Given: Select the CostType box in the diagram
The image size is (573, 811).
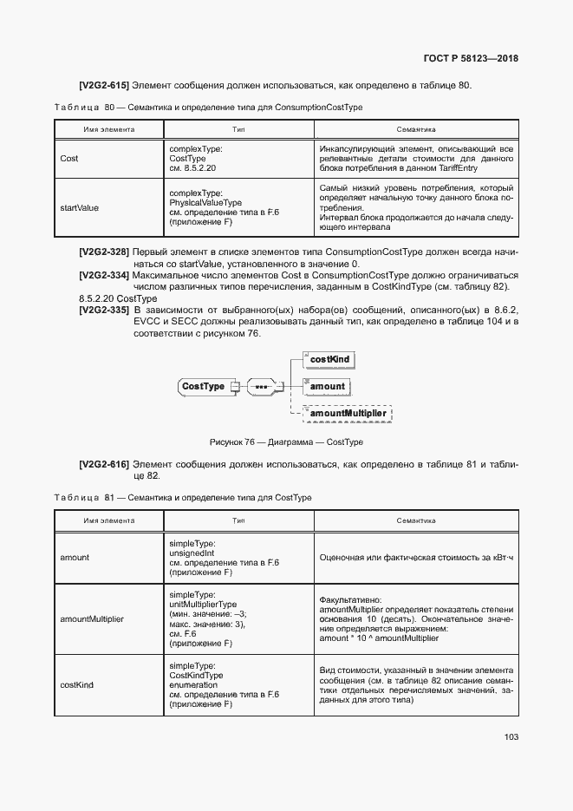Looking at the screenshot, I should click(x=204, y=387).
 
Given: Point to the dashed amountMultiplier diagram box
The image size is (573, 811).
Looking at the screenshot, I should click(x=348, y=414).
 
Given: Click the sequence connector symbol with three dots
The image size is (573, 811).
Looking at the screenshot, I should click(x=261, y=387).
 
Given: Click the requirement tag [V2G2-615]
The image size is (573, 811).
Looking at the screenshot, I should click(x=104, y=85).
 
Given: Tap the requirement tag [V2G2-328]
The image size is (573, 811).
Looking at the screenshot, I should click(x=104, y=252).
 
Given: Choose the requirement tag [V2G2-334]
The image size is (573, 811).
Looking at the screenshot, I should click(x=104, y=275).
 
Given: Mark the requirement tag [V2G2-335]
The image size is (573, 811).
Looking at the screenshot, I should click(x=104, y=310).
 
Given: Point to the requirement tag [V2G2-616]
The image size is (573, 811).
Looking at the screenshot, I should click(x=104, y=465).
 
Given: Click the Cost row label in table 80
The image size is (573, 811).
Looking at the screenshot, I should click(x=69, y=159).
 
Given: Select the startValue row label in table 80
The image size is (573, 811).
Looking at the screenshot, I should click(x=79, y=208).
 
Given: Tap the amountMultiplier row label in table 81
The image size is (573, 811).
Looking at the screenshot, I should click(x=92, y=619).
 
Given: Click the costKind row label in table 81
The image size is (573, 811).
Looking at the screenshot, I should click(x=76, y=684).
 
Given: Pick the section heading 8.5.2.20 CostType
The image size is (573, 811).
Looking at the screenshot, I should click(x=113, y=298).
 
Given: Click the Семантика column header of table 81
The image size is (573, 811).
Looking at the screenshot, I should click(x=415, y=521).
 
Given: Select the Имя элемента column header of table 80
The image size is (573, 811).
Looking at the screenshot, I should click(x=108, y=128).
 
